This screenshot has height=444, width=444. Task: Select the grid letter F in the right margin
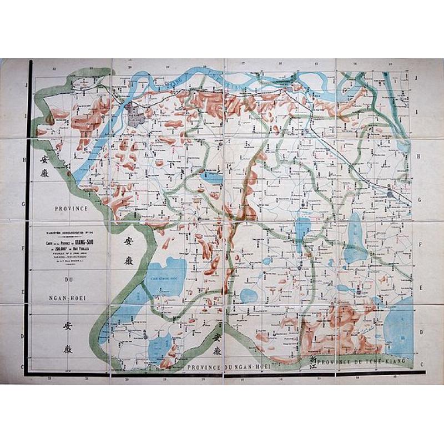pyautogui.click(x=422, y=244)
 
